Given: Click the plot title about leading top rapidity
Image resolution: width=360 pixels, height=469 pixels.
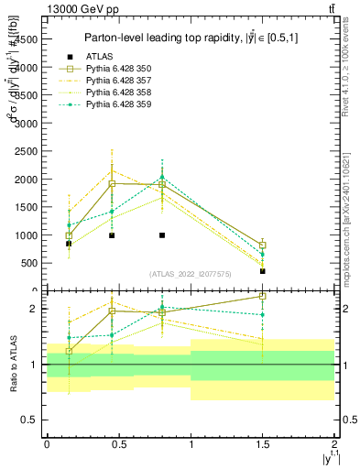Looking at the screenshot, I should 190,38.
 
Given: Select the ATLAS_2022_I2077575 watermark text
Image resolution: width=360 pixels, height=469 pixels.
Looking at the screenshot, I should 190,274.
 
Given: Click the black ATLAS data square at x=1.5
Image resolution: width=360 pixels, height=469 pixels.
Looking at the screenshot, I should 263,271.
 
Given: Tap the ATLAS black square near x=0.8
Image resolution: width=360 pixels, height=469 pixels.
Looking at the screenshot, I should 162,235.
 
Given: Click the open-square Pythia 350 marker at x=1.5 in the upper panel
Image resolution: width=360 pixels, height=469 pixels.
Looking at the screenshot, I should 263,245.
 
